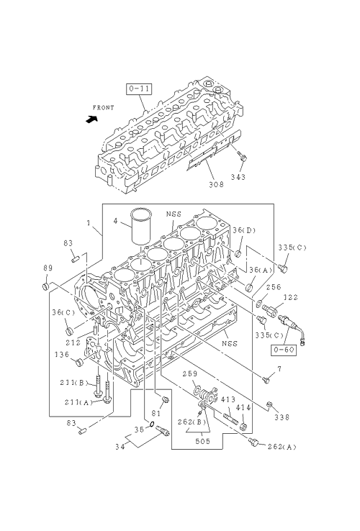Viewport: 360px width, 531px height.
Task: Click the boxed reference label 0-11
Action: click(x=140, y=89)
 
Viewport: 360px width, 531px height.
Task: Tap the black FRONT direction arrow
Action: click(x=91, y=119)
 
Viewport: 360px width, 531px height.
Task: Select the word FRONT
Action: click(x=104, y=108)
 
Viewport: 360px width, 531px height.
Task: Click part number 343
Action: click(x=238, y=177)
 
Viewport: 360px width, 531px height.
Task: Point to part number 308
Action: click(x=216, y=184)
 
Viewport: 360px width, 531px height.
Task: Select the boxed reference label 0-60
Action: click(x=284, y=350)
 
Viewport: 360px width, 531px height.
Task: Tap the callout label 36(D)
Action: click(x=244, y=230)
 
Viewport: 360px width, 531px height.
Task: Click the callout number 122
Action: click(x=290, y=297)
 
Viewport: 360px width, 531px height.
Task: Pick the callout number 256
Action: click(x=274, y=287)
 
